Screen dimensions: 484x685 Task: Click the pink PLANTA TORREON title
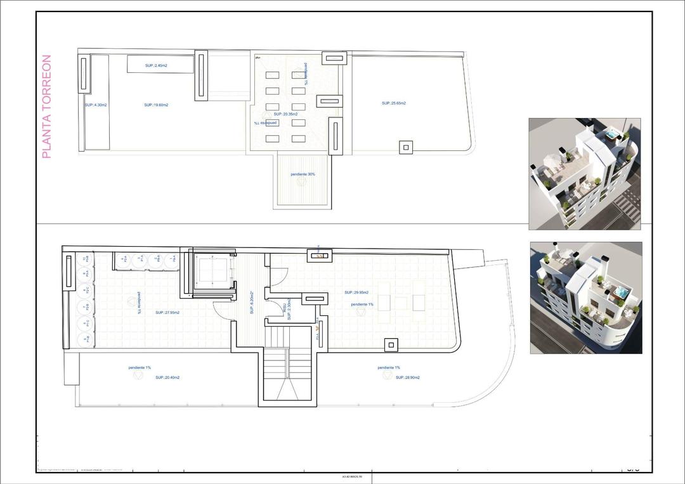coord(46,107)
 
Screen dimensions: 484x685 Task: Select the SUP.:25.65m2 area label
coord(393,103)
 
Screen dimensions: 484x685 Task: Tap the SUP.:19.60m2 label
coord(156,105)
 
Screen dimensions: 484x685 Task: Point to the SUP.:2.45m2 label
coord(156,65)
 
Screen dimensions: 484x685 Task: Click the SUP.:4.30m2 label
coord(96,105)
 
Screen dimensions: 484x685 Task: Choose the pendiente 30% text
coord(303,174)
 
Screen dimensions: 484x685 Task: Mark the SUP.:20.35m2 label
coord(286,114)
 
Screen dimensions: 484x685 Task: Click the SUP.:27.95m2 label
coord(167,313)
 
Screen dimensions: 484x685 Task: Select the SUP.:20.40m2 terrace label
coord(167,377)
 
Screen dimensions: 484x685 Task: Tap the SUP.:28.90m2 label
coord(407,377)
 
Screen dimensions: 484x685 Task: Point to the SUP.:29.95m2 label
coord(357,292)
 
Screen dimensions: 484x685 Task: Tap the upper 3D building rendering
coord(584,174)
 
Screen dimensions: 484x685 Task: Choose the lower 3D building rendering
coord(585,298)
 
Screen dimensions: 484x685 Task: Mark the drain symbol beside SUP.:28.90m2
coord(387,376)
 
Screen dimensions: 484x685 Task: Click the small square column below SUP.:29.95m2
coord(391,344)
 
